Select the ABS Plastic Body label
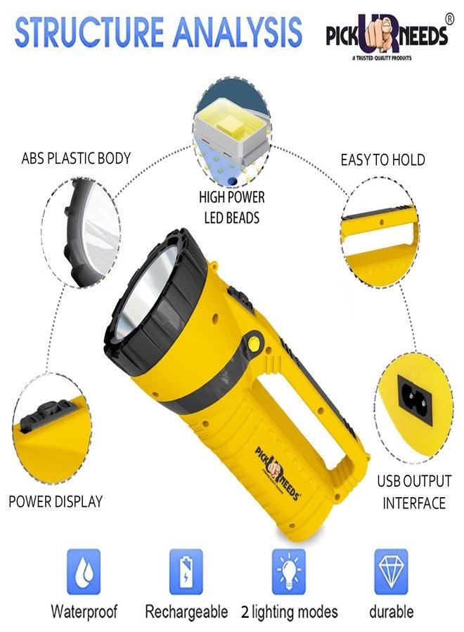coord(76,159)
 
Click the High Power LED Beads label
coord(231,208)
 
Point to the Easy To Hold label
coord(383,160)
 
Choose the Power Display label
coord(56,501)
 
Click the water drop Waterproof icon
coord(84,571)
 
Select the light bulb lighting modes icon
coord(290,571)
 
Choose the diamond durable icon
coord(391,571)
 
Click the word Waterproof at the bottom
coord(84,612)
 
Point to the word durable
coord(391,612)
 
